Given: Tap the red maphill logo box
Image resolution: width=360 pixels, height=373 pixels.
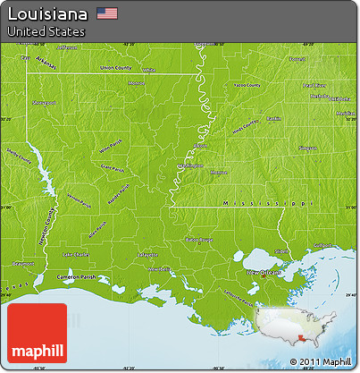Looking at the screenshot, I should [37, 333].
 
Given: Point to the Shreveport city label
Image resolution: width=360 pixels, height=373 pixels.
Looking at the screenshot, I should [44, 103].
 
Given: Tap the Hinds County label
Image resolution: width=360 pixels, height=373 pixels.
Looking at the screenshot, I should [244, 123].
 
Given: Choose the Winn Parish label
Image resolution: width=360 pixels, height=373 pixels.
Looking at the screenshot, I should [110, 146].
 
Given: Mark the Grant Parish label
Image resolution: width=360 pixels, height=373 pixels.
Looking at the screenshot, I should [113, 166].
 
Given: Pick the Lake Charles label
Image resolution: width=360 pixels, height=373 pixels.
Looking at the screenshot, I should [75, 255].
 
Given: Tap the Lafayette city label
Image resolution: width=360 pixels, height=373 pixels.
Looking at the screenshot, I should [135, 256].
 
